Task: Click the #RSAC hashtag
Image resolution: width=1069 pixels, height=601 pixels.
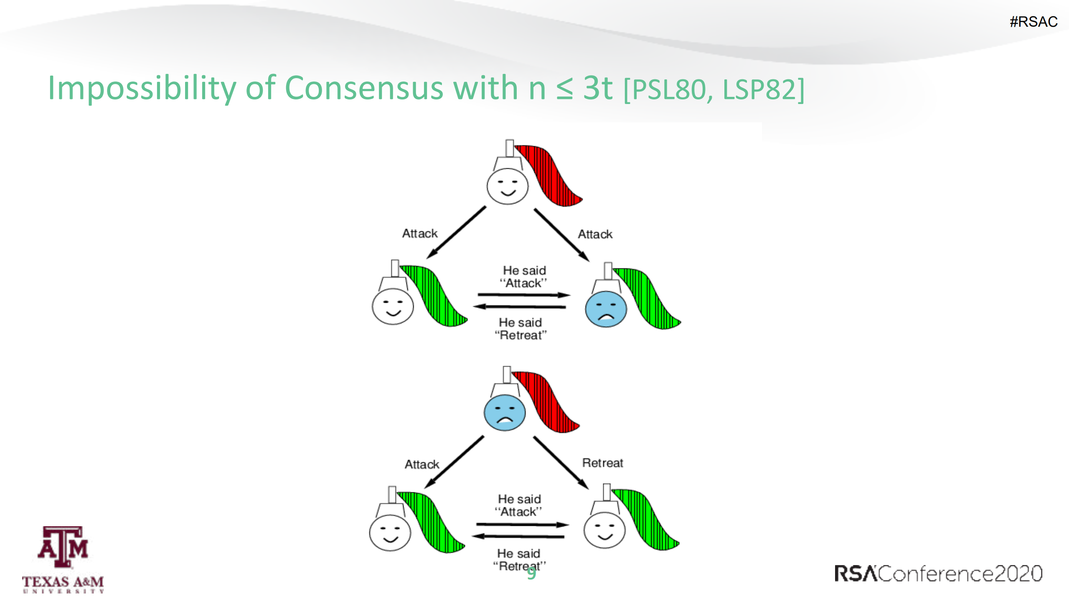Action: [x=1033, y=22]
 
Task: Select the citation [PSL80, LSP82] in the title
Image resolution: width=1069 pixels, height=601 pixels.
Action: [x=714, y=89]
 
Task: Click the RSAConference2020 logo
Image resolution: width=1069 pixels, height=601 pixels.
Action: [x=938, y=573]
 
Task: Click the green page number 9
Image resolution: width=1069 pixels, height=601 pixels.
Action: [x=531, y=573]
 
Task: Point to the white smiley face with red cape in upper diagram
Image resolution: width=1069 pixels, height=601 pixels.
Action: [x=507, y=186]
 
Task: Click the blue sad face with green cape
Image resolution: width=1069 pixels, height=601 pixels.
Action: [x=605, y=309]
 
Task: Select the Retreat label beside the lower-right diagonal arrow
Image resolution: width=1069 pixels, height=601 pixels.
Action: [x=602, y=463]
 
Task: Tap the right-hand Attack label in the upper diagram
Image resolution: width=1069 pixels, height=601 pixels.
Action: [x=595, y=234]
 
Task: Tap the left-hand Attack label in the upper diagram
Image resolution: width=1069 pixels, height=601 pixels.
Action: [x=419, y=233]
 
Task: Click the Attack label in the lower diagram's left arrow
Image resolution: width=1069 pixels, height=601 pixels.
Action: [x=422, y=464]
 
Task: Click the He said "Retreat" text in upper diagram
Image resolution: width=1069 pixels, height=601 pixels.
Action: [x=520, y=329]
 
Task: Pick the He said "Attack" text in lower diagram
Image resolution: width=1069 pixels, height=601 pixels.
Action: [x=518, y=505]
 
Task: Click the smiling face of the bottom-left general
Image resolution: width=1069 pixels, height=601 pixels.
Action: [x=390, y=533]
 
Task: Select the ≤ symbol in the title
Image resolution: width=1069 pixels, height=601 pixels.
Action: [x=564, y=89]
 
